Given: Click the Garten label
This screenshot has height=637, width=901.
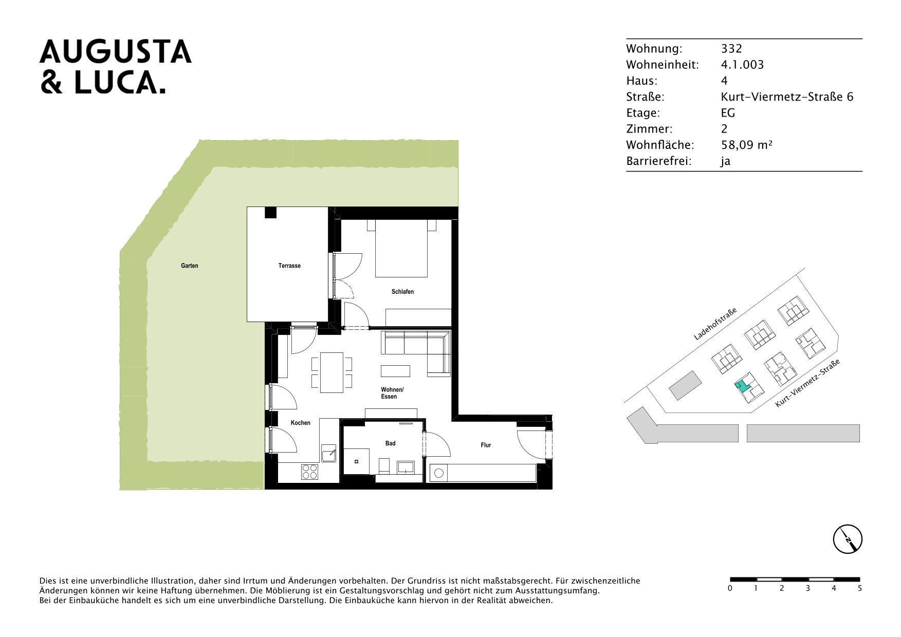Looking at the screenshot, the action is pyautogui.click(x=189, y=266).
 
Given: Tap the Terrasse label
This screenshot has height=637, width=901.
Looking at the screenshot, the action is pyautogui.click(x=289, y=266).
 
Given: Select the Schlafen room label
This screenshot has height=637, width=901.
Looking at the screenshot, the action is pyautogui.click(x=402, y=292).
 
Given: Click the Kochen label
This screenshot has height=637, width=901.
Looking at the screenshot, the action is pyautogui.click(x=301, y=423).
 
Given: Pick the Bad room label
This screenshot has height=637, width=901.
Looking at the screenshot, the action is pyautogui.click(x=391, y=443).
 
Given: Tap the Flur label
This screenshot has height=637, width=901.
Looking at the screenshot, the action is pyautogui.click(x=486, y=445).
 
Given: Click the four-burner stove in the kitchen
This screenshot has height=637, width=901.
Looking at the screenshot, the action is pyautogui.click(x=309, y=472).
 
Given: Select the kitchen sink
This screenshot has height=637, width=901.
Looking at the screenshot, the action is pyautogui.click(x=329, y=454).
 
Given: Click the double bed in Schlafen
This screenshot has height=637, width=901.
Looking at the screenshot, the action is pyautogui.click(x=401, y=249).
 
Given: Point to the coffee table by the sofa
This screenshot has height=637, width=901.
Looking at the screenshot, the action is pyautogui.click(x=395, y=371).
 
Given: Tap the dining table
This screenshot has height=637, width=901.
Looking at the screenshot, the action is pyautogui.click(x=332, y=372).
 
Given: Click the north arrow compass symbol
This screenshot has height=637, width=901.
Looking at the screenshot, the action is pyautogui.click(x=848, y=539).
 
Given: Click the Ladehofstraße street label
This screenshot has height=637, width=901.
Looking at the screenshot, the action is pyautogui.click(x=715, y=324).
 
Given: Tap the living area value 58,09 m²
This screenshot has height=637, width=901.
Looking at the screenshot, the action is pyautogui.click(x=747, y=145).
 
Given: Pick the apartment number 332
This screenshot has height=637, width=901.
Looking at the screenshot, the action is pyautogui.click(x=731, y=49).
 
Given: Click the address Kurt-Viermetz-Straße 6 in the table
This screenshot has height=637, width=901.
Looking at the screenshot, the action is pyautogui.click(x=787, y=97).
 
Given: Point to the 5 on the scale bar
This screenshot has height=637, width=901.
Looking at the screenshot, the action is pyautogui.click(x=859, y=588).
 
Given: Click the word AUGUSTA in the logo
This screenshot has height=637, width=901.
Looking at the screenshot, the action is pyautogui.click(x=116, y=52).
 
